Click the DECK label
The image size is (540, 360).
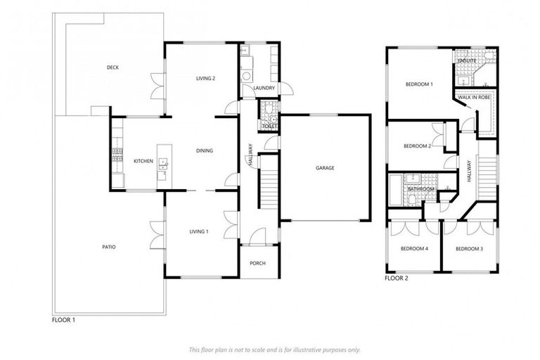(x=112, y=67)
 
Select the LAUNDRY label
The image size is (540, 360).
(x=264, y=88)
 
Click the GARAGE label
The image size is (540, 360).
(x=324, y=168)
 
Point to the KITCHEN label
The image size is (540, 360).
(x=143, y=161)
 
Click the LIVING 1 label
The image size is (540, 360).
(x=199, y=231)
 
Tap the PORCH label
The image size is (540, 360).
(x=258, y=264)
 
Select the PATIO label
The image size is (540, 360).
(x=108, y=247)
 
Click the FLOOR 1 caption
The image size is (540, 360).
(x=63, y=320)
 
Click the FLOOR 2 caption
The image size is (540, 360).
(x=396, y=278)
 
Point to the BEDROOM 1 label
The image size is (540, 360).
(x=419, y=84)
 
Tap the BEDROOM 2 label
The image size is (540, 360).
(x=417, y=146)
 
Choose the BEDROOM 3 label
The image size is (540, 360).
(x=469, y=249)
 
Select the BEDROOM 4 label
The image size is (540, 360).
(x=414, y=249)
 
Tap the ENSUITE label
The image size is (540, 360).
(x=467, y=60)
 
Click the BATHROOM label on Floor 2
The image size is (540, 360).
(x=420, y=190)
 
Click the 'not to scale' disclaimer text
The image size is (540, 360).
(x=275, y=349)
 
